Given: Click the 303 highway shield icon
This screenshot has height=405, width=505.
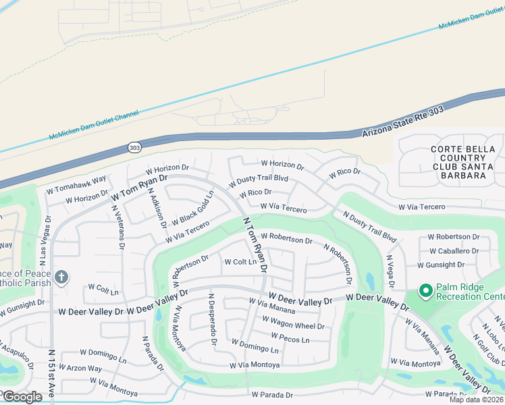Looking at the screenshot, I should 135,146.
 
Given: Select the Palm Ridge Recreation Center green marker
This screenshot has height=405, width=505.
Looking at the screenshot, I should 425,291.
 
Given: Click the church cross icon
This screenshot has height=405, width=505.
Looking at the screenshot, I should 61,277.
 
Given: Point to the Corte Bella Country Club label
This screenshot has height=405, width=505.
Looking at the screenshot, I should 463,162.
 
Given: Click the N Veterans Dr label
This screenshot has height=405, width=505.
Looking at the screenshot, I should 117,226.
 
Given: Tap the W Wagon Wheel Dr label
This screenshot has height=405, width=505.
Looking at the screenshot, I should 297,326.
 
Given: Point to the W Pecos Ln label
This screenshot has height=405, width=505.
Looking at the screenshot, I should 290,337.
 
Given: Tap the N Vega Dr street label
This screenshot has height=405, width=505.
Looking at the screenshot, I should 390,271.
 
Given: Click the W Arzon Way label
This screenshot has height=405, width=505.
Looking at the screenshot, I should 80,369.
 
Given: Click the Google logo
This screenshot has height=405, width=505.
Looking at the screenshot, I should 22,397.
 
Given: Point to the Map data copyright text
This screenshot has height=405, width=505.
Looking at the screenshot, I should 475,400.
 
